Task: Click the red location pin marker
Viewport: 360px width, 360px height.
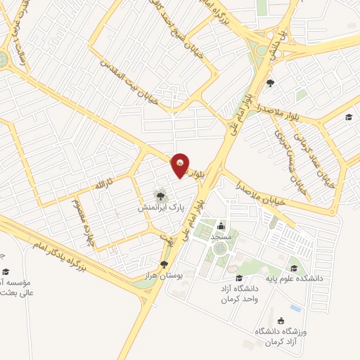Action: click(x=181, y=165)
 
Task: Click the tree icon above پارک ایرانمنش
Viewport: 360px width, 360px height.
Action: click(x=161, y=195)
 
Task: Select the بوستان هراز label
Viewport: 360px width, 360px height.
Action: click(x=166, y=276)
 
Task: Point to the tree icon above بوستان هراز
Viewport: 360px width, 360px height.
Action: click(x=165, y=264)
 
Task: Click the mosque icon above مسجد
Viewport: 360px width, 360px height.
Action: click(x=221, y=226)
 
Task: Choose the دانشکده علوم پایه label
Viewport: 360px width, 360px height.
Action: click(x=295, y=278)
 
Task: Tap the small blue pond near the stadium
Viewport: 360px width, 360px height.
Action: click(x=295, y=308)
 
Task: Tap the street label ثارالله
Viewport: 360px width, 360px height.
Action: click(x=103, y=184)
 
